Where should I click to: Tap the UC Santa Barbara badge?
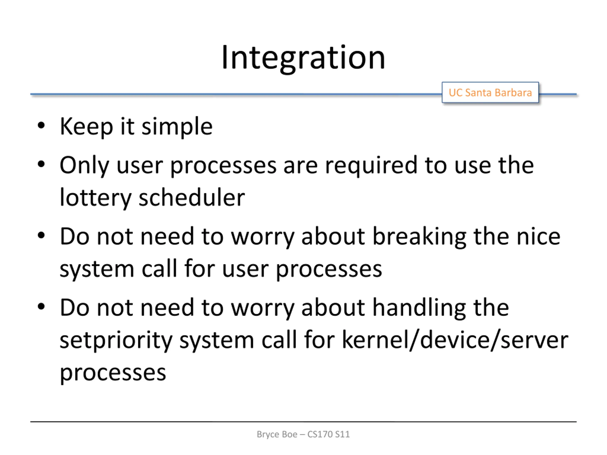coord(490,92)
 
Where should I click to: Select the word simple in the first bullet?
coord(177,127)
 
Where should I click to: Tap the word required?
coord(371,165)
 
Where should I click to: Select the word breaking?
coord(419,237)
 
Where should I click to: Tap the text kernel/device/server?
coord(455,340)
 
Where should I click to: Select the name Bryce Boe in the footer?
coord(277,434)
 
